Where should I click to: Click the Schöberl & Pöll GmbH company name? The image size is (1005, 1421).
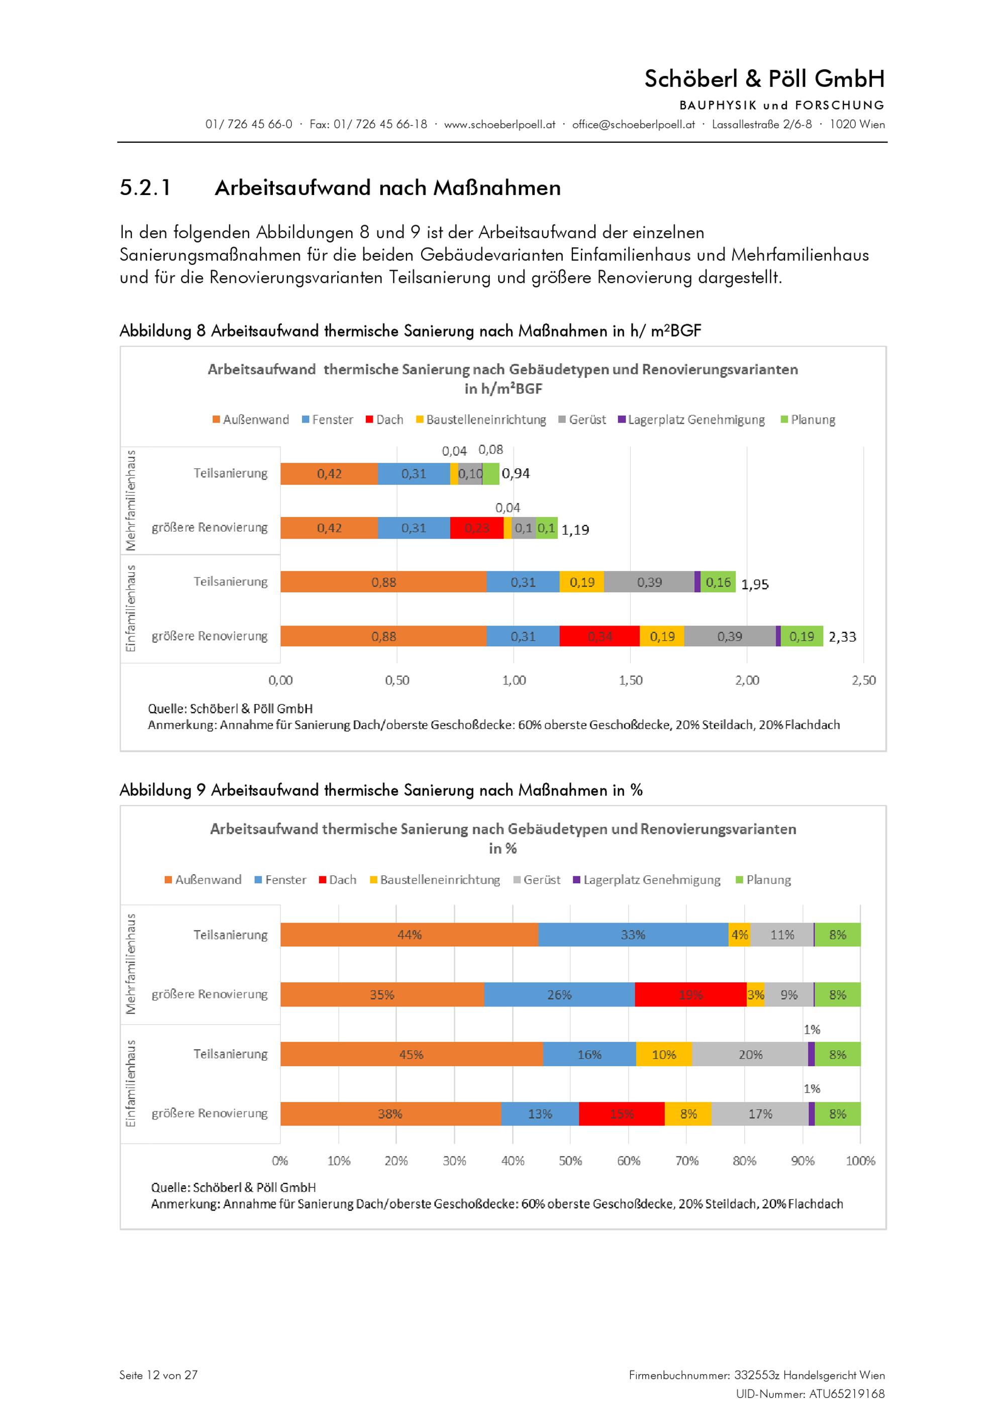point(764,78)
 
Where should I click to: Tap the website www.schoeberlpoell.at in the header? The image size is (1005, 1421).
point(499,125)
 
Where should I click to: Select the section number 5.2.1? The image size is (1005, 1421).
point(145,187)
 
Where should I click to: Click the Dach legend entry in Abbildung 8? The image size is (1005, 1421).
point(384,420)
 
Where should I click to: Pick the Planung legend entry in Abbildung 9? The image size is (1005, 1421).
point(763,879)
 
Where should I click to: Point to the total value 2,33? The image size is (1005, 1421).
point(842,637)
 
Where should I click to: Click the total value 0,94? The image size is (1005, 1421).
point(516,473)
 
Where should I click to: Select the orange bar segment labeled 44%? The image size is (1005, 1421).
point(409,935)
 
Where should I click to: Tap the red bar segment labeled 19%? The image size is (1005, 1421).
point(690,994)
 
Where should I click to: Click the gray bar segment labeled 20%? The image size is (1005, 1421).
point(750,1054)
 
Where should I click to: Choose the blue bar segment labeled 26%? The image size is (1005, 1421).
point(559,994)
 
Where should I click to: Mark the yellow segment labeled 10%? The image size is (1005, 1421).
point(664,1054)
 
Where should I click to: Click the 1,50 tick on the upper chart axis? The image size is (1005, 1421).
point(631,680)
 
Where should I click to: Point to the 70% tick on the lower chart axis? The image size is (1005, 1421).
point(687,1160)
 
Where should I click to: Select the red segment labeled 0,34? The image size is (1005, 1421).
point(599,636)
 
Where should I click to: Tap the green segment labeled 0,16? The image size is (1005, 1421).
point(718,582)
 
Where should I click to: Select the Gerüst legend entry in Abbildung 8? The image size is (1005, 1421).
point(582,420)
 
